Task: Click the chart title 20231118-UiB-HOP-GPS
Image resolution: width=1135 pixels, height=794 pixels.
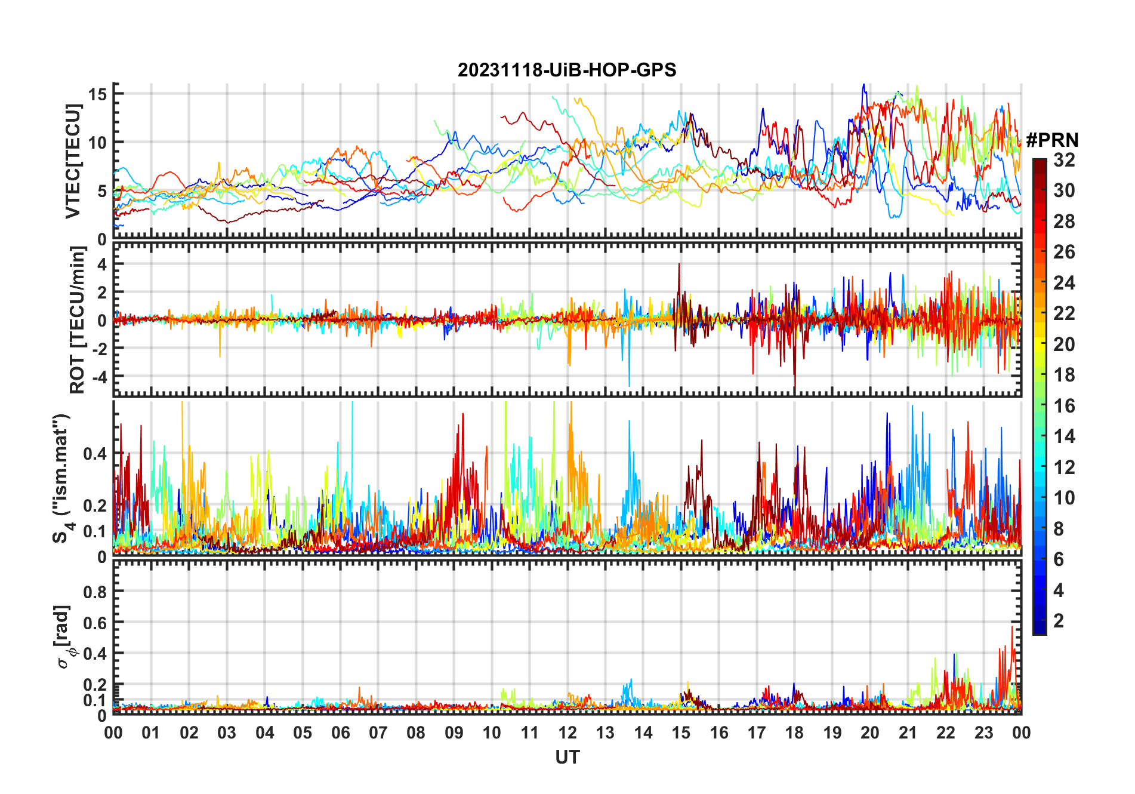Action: pyautogui.click(x=567, y=70)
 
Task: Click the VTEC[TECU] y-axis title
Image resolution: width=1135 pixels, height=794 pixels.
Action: pyautogui.click(x=73, y=161)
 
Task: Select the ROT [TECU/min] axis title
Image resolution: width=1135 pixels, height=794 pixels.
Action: pyautogui.click(x=78, y=320)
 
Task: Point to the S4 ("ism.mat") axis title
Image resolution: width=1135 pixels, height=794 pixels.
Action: pyautogui.click(x=62, y=478)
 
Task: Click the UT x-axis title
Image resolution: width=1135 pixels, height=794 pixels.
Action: pyautogui.click(x=567, y=757)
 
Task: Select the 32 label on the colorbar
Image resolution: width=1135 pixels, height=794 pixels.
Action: pyautogui.click(x=1064, y=160)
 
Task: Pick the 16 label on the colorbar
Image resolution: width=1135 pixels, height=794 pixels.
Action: pyautogui.click(x=1064, y=406)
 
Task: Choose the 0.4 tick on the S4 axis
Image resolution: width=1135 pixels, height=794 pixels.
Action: pyautogui.click(x=95, y=454)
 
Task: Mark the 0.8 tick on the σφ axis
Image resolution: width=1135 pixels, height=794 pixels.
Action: pyautogui.click(x=95, y=592)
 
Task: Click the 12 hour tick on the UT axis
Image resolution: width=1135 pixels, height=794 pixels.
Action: pyautogui.click(x=567, y=733)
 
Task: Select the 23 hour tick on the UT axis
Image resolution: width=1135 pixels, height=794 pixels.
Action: pyautogui.click(x=983, y=733)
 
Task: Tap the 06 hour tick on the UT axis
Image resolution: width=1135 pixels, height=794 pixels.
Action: pyautogui.click(x=340, y=733)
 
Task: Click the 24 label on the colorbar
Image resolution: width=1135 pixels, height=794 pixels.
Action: pyautogui.click(x=1064, y=283)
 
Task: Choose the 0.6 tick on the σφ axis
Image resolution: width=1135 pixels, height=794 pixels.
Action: pyautogui.click(x=95, y=623)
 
